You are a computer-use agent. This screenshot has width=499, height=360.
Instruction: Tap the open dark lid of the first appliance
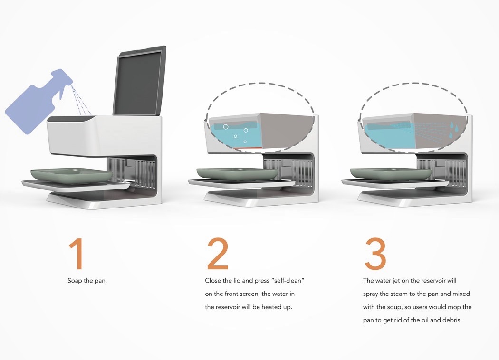139,81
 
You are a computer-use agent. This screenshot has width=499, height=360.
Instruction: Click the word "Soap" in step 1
75,281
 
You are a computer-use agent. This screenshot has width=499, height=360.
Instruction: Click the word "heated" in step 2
271,307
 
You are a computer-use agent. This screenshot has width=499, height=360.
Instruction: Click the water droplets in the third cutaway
455,127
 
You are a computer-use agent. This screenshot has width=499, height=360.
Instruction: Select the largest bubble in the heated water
226,127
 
